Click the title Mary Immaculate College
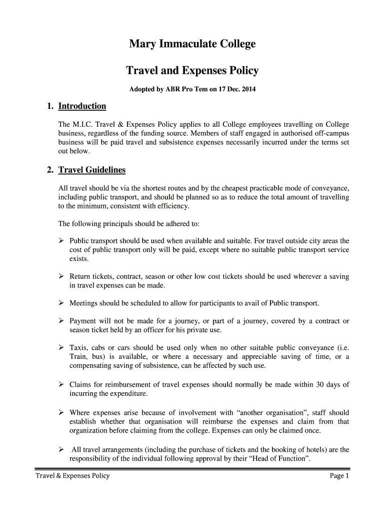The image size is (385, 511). [x=192, y=44]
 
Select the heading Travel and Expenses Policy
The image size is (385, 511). [x=192, y=71]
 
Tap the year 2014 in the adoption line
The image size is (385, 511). [x=247, y=90]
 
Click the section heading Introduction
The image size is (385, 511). [x=82, y=106]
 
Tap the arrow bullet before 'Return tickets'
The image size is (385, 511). [x=61, y=276]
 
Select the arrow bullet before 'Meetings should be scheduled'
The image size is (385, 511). [x=61, y=303]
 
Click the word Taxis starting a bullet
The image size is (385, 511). [x=79, y=347]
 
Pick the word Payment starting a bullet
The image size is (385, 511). [x=83, y=321]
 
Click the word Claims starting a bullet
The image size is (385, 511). [x=81, y=385]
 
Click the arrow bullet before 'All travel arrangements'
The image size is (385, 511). [x=61, y=450]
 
